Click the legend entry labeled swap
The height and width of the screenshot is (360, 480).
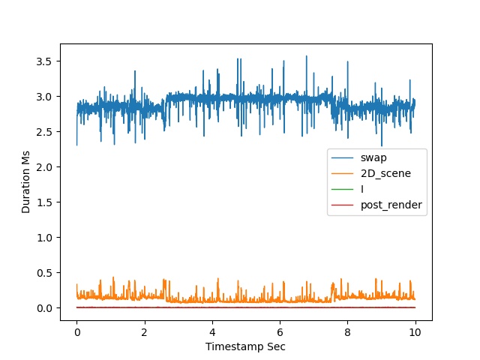point(373,158)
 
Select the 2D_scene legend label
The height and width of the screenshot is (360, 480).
point(385,173)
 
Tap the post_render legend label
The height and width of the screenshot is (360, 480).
point(391,205)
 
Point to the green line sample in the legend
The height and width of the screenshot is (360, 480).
point(343,190)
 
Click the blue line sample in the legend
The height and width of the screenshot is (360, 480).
point(343,158)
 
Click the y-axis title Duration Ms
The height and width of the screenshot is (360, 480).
point(25,181)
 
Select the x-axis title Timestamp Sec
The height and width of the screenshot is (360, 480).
point(245,346)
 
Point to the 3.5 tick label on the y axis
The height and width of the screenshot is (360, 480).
point(44,61)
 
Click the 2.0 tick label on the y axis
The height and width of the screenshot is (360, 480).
point(44,167)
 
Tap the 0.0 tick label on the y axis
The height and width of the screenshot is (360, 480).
point(44,308)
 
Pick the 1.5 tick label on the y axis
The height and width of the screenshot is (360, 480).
point(44,202)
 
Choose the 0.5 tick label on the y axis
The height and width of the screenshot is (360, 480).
point(44,273)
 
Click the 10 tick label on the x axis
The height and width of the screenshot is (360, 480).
point(415,332)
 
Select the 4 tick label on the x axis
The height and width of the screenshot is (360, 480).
point(212,332)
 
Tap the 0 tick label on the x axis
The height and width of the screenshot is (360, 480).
point(76,332)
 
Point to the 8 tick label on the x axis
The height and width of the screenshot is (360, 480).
point(347,332)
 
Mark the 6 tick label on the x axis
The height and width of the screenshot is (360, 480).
point(280,332)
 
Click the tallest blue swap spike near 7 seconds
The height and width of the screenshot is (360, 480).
point(307,56)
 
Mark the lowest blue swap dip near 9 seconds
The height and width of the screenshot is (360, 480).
point(382,145)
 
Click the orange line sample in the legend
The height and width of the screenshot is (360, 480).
point(343,173)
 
